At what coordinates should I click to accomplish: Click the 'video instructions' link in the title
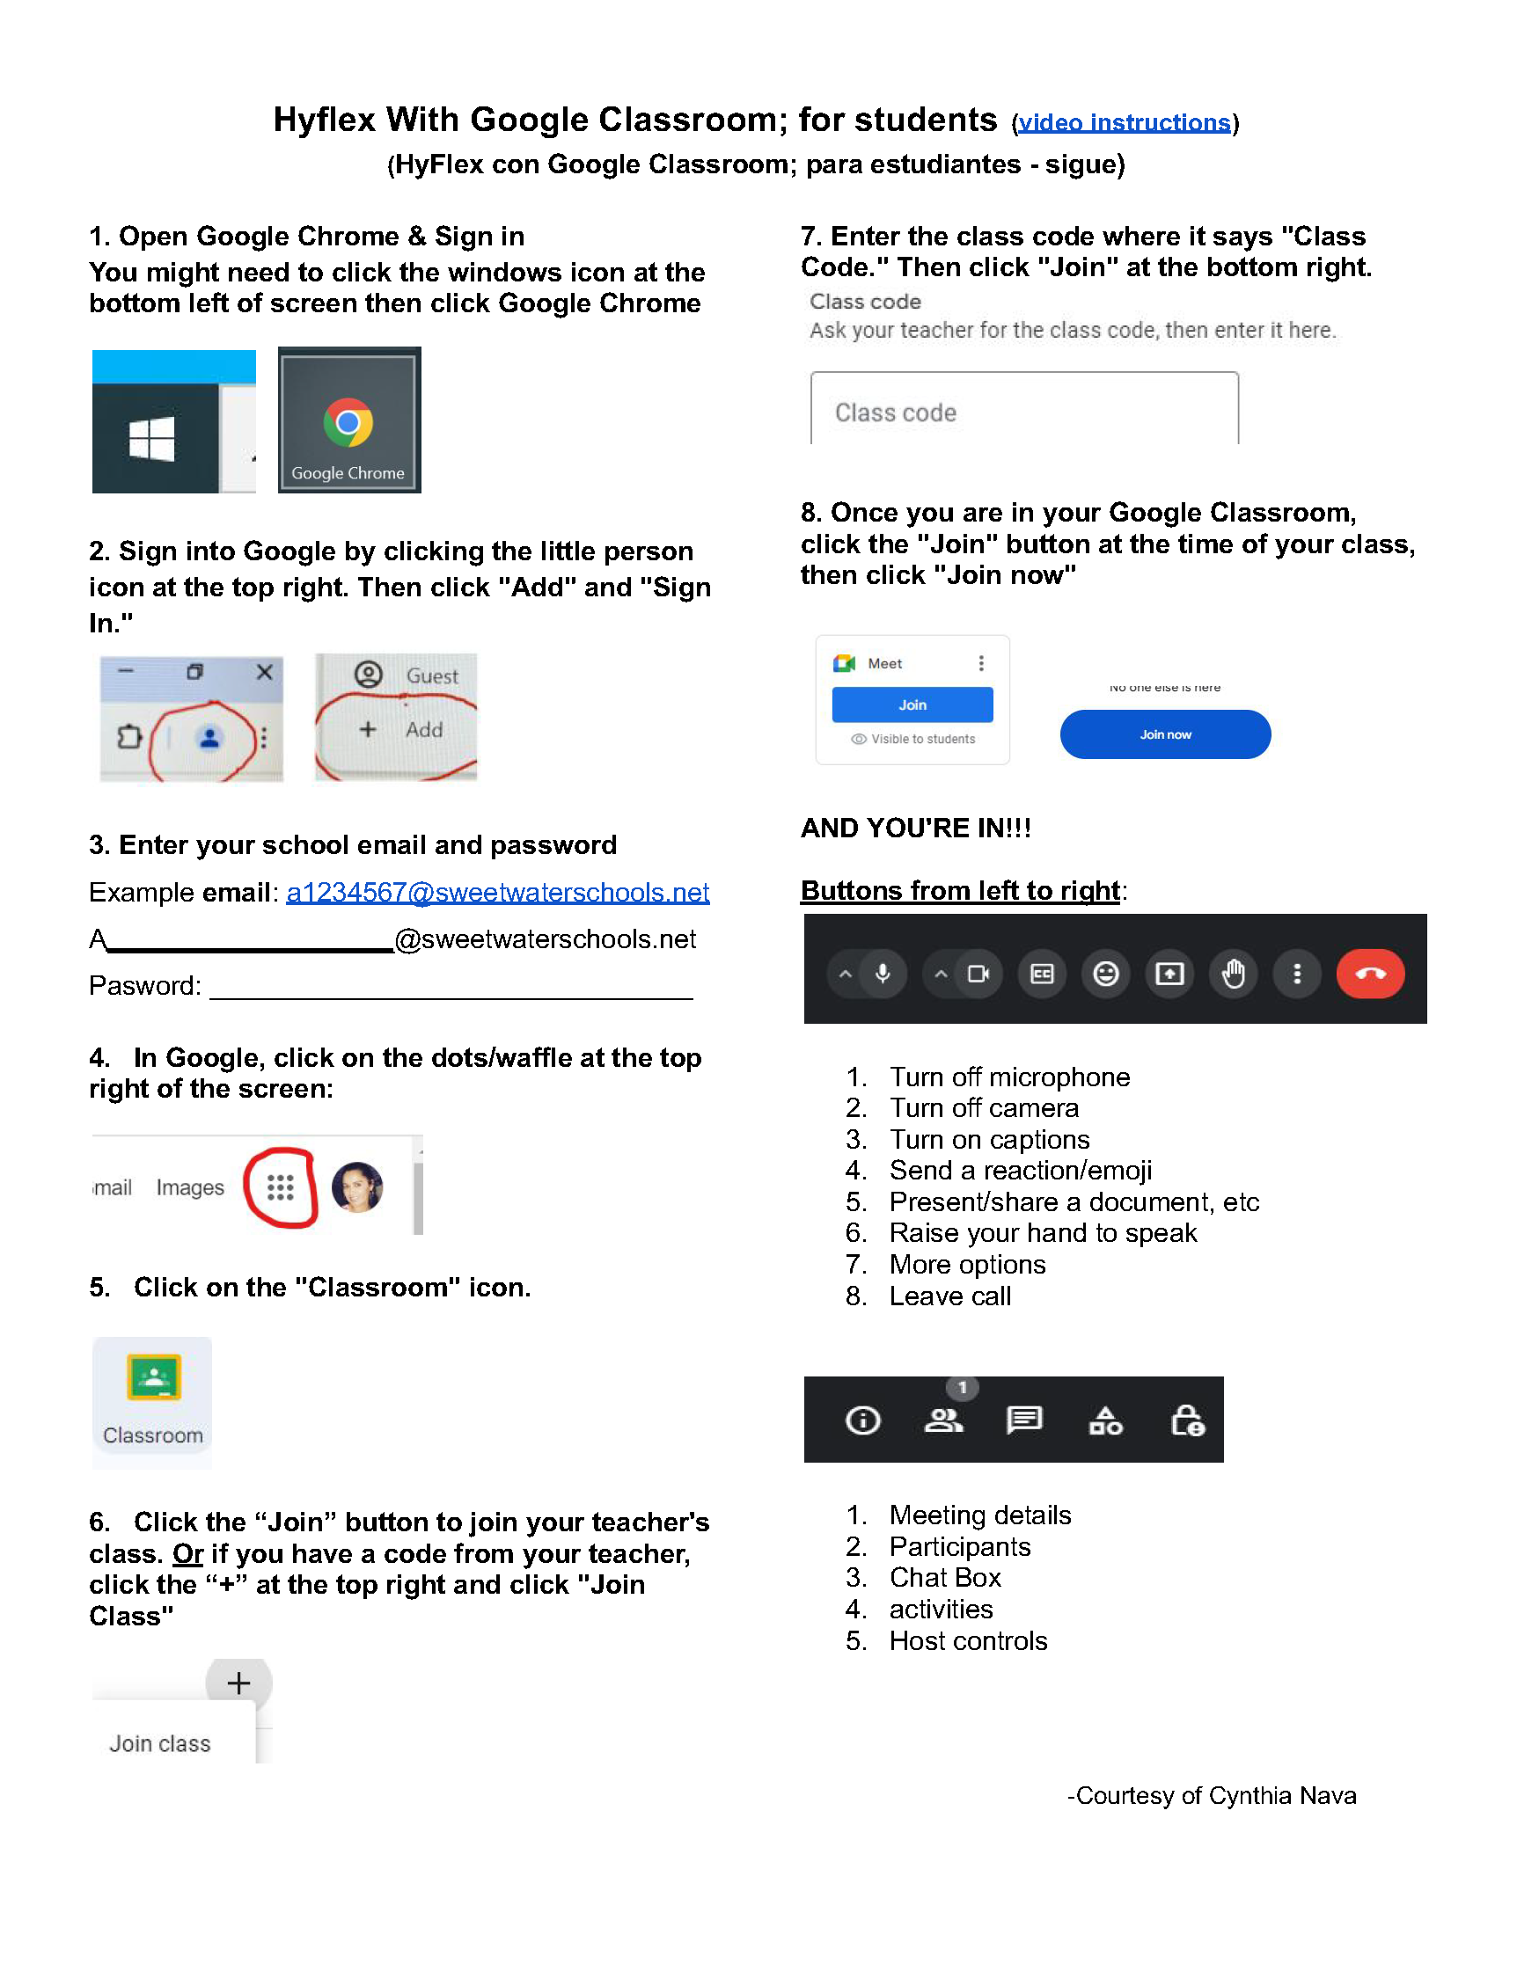1123,122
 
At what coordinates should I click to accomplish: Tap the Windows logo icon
151,439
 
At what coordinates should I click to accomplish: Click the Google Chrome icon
348,423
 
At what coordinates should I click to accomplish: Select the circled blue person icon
209,738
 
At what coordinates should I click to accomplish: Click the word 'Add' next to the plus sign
424,729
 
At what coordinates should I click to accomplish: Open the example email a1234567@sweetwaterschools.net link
496,892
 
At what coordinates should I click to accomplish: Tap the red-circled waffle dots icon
280,1187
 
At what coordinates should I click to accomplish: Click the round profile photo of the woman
357,1187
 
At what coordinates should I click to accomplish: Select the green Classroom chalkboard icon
154,1376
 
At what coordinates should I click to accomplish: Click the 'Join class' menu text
159,1744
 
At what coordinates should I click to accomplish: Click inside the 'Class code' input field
1023,412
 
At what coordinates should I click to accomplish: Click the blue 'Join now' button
1164,734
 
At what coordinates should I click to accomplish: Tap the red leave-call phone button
1369,974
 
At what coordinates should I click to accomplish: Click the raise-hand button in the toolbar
1233,974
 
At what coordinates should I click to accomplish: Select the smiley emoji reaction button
1105,974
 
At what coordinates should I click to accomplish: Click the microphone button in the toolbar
883,974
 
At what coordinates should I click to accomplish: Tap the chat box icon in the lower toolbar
1024,1420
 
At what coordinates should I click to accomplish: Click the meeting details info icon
862,1420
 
